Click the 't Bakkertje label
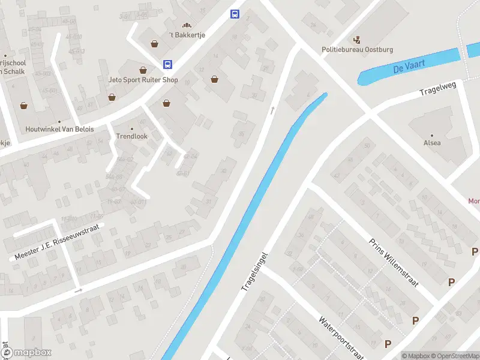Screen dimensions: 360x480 coord(187,35)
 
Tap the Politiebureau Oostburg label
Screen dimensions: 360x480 coord(358,50)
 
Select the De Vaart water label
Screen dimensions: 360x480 coord(406,68)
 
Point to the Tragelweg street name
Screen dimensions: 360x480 coord(438,89)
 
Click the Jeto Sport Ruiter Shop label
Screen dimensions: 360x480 coord(143,79)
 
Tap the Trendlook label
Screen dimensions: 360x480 coord(131,136)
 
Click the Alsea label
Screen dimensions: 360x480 coord(432,143)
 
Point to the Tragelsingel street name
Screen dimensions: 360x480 coord(254,272)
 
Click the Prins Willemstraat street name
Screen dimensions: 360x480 coord(393,261)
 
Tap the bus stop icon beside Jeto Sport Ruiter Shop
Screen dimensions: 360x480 coord(168,64)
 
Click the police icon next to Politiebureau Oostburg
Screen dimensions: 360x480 coord(358,40)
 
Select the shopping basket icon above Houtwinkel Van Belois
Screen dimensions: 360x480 coord(24,106)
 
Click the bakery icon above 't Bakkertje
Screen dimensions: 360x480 coord(187,25)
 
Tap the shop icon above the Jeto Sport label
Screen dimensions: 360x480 coord(143,70)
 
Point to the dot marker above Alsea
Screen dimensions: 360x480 coord(431,134)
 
